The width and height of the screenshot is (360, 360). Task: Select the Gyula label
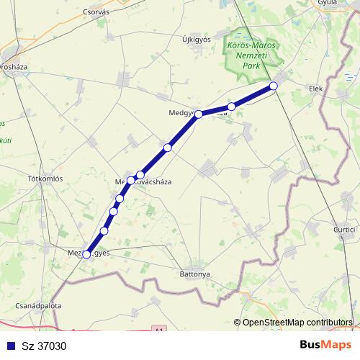click(328, 3)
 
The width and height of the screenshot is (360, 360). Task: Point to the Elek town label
click(316, 89)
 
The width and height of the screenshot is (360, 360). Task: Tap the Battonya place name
click(194, 274)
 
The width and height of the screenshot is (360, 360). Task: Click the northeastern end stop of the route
click(274, 86)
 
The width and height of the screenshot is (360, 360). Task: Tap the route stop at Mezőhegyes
click(87, 254)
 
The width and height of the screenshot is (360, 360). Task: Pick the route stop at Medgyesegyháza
click(199, 114)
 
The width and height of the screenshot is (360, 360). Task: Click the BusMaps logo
click(321, 345)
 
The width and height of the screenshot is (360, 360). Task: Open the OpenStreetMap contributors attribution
click(297, 323)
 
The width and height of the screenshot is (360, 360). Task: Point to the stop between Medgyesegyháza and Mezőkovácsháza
click(168, 148)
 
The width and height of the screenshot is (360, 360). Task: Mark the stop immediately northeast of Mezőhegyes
click(104, 230)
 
